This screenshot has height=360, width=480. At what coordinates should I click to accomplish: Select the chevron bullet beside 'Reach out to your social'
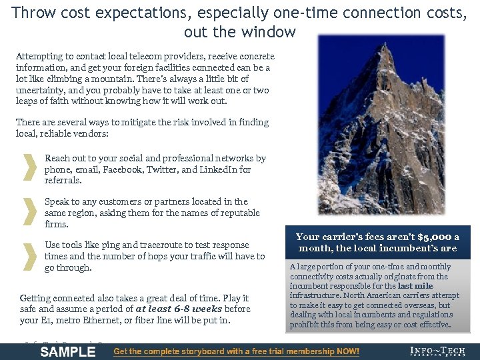click(x=29, y=169)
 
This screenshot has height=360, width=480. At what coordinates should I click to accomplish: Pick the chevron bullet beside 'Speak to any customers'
click(x=29, y=212)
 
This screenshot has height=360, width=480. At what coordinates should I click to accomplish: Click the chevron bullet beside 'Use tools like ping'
click(x=29, y=256)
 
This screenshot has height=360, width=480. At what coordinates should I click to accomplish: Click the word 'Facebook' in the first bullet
click(x=123, y=169)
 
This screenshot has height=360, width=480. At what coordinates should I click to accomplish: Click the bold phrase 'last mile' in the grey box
click(x=415, y=286)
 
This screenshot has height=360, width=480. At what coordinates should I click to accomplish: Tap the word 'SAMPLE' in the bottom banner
click(x=67, y=351)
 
